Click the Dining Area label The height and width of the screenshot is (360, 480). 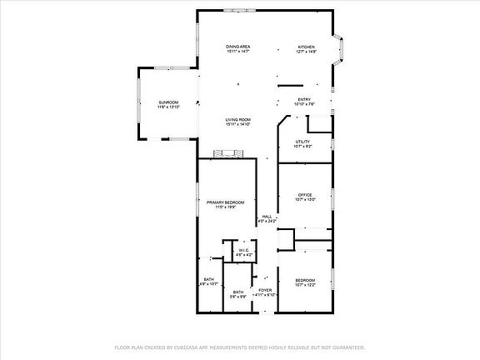coord(239,46)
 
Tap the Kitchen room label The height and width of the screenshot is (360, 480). coord(307,46)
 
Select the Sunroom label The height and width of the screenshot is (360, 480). coord(169,102)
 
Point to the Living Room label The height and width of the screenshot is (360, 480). coord(238,120)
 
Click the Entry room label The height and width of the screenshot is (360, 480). coord(304,100)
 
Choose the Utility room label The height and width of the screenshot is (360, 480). coord(302,142)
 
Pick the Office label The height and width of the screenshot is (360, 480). coord(305,195)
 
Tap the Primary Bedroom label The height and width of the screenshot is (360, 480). coord(225,202)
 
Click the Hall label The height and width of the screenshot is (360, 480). coord(267,217)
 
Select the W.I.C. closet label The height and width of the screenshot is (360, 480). coord(243,250)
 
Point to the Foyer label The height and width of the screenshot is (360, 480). coord(265,289)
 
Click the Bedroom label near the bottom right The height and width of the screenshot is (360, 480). coord(305,280)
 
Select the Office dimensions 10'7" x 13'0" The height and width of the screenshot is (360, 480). coord(306,200)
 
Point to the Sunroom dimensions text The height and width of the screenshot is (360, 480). coord(169,107)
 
